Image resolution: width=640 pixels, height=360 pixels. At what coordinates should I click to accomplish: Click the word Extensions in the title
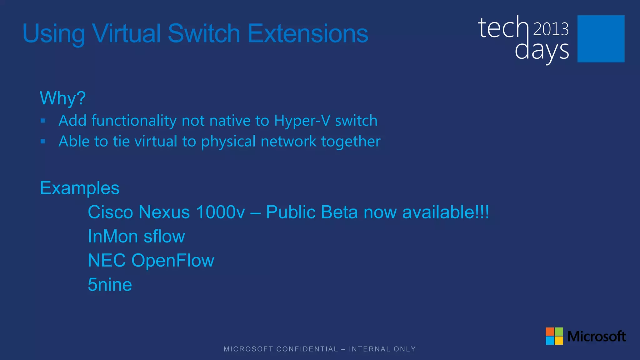[308, 33]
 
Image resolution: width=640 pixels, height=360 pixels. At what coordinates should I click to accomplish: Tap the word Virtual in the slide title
[127, 33]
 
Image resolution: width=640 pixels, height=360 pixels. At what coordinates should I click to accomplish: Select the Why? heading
[62, 98]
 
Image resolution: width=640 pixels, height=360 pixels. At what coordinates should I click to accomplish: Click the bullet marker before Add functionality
[43, 121]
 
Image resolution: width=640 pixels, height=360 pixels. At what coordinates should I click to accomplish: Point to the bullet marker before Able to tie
[43, 142]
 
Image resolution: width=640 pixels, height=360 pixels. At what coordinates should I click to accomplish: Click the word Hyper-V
[302, 121]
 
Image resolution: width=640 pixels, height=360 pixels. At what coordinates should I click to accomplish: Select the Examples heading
[80, 188]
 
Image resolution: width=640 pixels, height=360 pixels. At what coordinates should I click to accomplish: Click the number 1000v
[220, 212]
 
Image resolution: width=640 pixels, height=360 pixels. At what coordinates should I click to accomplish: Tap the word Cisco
[111, 212]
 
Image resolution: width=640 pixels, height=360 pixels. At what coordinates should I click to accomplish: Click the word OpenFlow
[173, 261]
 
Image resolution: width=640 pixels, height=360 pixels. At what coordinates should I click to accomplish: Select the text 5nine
[110, 285]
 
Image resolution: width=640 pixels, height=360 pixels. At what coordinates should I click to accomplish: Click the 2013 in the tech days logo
[551, 29]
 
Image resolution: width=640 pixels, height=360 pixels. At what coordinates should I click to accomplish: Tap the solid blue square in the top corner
[601, 39]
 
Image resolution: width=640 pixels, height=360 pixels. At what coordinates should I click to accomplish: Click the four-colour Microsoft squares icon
[554, 336]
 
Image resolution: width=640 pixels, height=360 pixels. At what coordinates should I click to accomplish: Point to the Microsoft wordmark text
[596, 336]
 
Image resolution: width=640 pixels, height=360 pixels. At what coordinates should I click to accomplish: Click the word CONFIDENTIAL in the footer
[307, 349]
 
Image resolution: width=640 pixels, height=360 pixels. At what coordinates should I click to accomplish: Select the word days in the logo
[542, 51]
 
